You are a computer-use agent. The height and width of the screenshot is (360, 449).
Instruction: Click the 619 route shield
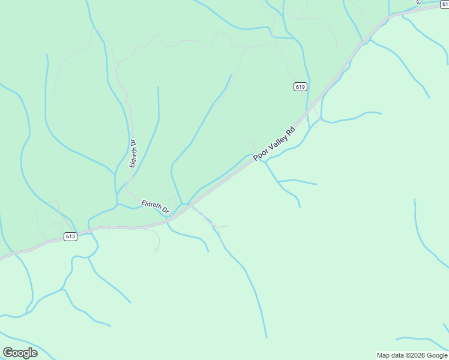(301, 87)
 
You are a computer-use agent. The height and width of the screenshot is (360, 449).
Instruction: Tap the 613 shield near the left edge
(70, 236)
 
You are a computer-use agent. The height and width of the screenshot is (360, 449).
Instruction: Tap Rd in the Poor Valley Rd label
(291, 130)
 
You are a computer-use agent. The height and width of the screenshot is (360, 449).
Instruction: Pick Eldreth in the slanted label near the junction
(152, 205)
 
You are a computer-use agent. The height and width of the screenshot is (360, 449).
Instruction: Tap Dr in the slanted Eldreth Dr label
(166, 211)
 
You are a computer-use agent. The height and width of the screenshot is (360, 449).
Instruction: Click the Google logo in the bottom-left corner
(20, 352)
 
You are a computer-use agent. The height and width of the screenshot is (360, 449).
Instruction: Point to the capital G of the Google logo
(8, 352)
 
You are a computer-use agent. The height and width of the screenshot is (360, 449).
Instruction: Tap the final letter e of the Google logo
(34, 353)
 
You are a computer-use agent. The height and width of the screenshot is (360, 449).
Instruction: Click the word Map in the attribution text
(383, 355)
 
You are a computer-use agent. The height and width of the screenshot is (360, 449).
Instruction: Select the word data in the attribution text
(398, 355)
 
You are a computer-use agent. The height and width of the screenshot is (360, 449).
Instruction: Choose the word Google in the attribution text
(437, 355)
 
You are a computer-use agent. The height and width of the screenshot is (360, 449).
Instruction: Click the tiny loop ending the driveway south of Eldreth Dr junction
(157, 248)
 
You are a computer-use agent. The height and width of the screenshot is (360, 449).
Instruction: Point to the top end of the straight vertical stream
(158, 88)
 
